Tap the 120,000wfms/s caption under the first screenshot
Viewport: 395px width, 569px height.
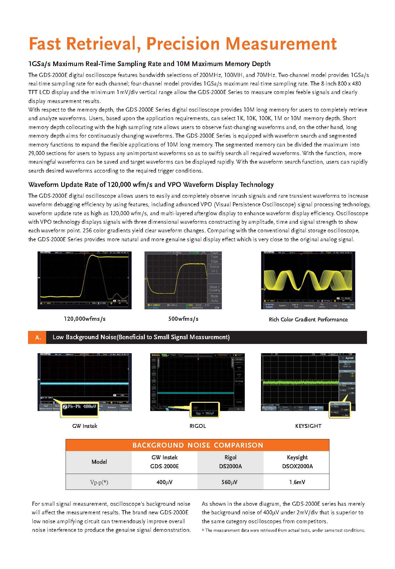tap(85, 319)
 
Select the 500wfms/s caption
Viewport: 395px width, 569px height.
tap(183, 319)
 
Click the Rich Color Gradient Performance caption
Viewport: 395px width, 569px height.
tap(308, 319)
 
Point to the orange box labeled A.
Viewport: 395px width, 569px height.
tap(38, 337)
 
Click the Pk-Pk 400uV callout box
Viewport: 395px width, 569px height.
tap(80, 407)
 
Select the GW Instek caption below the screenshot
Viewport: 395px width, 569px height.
tap(85, 426)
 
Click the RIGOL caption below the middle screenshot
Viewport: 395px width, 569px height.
tap(198, 426)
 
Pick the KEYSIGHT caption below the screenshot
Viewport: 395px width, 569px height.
tap(308, 426)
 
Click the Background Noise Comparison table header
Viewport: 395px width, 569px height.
tap(198, 445)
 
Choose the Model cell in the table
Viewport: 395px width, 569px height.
tap(99, 462)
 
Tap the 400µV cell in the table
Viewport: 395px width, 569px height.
tap(165, 482)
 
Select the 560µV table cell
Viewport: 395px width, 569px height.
tap(230, 482)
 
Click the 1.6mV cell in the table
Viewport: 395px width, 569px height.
tap(297, 482)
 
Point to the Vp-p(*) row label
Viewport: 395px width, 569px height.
tap(99, 482)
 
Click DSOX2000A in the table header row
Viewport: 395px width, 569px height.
tap(297, 466)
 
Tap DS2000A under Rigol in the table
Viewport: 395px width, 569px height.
tap(230, 466)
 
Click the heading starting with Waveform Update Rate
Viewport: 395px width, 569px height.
tap(151, 185)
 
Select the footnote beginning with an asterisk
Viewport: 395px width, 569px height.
tap(283, 530)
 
